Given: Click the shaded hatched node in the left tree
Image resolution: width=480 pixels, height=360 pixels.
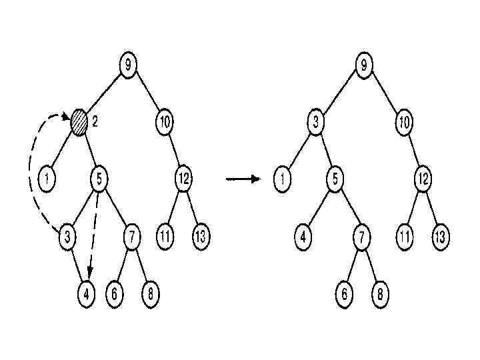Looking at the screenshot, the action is (x=80, y=123).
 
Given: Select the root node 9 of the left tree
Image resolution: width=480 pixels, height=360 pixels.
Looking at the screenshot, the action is (x=129, y=65).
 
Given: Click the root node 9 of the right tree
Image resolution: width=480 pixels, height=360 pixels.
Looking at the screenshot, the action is (x=364, y=65).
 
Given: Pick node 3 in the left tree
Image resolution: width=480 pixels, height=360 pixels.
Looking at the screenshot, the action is (x=67, y=236).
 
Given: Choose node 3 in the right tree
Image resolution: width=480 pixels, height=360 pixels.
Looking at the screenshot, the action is (x=316, y=123).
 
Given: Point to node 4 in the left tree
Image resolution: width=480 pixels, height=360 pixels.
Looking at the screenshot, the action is (x=86, y=294).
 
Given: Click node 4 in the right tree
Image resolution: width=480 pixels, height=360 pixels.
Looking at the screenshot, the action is (x=303, y=237).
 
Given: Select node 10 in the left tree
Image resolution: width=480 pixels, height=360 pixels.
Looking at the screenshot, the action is (x=165, y=123).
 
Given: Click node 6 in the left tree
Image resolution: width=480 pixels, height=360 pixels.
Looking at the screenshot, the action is (x=115, y=294).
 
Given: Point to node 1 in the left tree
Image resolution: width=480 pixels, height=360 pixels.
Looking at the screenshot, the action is (x=49, y=179).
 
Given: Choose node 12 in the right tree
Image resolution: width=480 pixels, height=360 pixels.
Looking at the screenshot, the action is (x=422, y=179).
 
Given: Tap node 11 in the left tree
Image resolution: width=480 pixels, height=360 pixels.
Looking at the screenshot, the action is (x=165, y=236).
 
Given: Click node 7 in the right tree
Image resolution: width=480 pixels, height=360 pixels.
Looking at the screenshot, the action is (x=361, y=237).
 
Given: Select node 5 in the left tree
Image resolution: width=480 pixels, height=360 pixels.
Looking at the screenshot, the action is (x=99, y=179).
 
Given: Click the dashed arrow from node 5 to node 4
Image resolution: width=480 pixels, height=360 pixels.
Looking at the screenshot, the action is (x=93, y=233).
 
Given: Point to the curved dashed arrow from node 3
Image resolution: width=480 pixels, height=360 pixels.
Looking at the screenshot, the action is (x=31, y=173).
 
